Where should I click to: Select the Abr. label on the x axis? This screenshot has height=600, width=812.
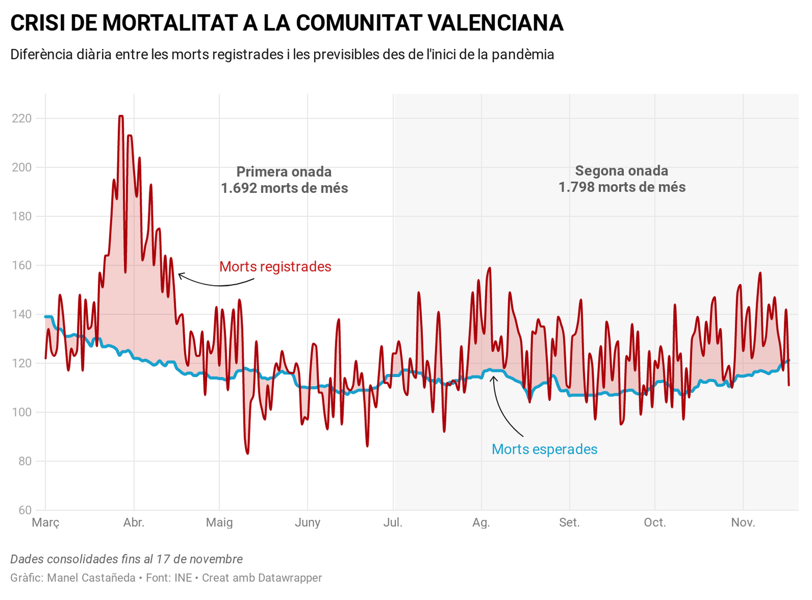click(134, 522)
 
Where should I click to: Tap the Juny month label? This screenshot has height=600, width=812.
click(308, 522)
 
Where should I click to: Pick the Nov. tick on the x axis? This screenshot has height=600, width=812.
click(743, 522)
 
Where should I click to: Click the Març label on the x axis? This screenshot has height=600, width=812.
click(46, 522)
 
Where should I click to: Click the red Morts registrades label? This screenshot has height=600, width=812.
click(275, 266)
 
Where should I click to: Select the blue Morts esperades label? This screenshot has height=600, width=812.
click(545, 449)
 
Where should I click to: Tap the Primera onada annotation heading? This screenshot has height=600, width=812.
click(284, 172)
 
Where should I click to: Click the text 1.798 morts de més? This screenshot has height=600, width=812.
click(622, 187)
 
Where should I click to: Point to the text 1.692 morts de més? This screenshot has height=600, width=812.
click(284, 188)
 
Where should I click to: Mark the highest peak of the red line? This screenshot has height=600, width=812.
click(121, 116)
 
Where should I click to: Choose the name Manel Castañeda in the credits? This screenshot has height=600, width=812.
click(91, 578)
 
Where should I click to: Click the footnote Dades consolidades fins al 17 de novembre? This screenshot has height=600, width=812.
click(126, 559)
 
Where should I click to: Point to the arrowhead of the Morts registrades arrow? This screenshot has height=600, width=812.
click(179, 275)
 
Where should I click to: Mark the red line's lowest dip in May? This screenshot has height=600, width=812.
click(247, 453)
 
